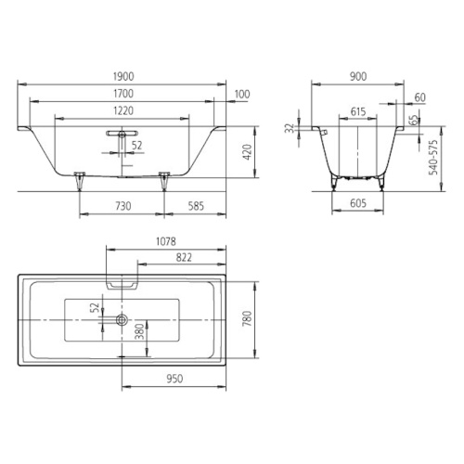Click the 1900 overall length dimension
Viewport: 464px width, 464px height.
(123, 77)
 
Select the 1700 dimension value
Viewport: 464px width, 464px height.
(123, 94)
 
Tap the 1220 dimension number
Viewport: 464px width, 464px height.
(123, 110)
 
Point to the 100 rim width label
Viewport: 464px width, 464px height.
(242, 94)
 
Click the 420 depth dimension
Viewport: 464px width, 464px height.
(248, 152)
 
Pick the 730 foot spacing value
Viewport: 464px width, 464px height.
(123, 206)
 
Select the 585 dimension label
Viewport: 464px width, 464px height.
(196, 206)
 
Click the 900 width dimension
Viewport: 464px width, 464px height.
(358, 77)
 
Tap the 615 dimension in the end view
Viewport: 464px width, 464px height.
(358, 111)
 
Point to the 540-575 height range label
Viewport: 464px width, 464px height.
(433, 158)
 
